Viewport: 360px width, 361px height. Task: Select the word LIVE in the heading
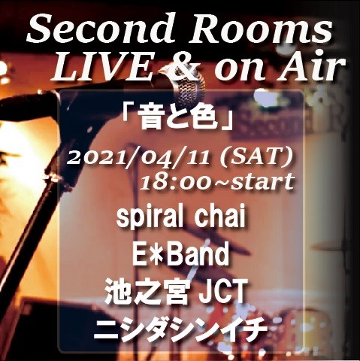(102, 68)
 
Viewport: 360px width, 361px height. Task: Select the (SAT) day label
(254, 159)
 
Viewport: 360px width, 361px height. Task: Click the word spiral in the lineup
(147, 220)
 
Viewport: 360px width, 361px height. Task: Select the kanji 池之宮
(147, 292)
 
